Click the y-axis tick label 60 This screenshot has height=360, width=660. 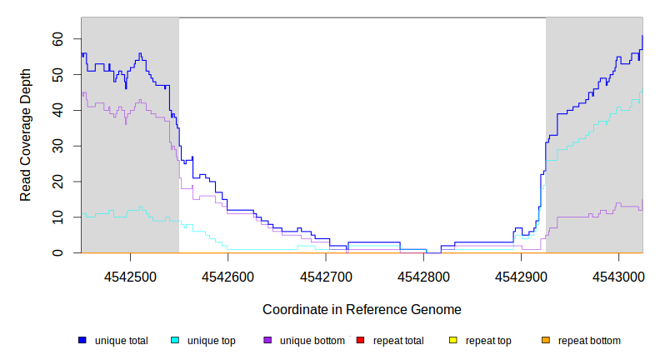[57, 38]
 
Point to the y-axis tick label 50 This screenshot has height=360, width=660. [57, 74]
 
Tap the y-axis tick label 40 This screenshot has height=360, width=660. [57, 110]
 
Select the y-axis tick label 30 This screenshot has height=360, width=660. [57, 146]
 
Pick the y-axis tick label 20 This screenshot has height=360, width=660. [57, 182]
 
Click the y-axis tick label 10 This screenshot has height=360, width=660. [57, 217]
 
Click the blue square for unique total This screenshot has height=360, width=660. [82, 340]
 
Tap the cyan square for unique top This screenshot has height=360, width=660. [175, 340]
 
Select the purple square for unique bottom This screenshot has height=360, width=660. [267, 340]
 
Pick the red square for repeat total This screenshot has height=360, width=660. [360, 340]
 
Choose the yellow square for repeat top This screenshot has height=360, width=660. [453, 340]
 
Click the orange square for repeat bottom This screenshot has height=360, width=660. [546, 340]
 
